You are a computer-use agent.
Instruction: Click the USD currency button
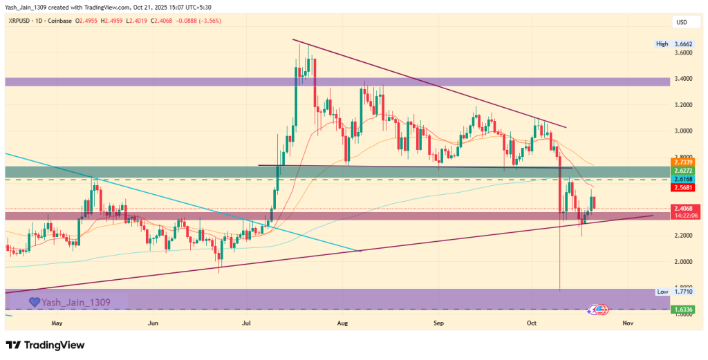(681, 23)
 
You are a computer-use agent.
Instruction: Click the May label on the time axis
(57, 323)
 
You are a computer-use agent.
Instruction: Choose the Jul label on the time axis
(247, 323)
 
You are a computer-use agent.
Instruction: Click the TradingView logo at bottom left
(45, 345)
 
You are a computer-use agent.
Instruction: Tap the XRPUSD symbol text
(20, 21)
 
